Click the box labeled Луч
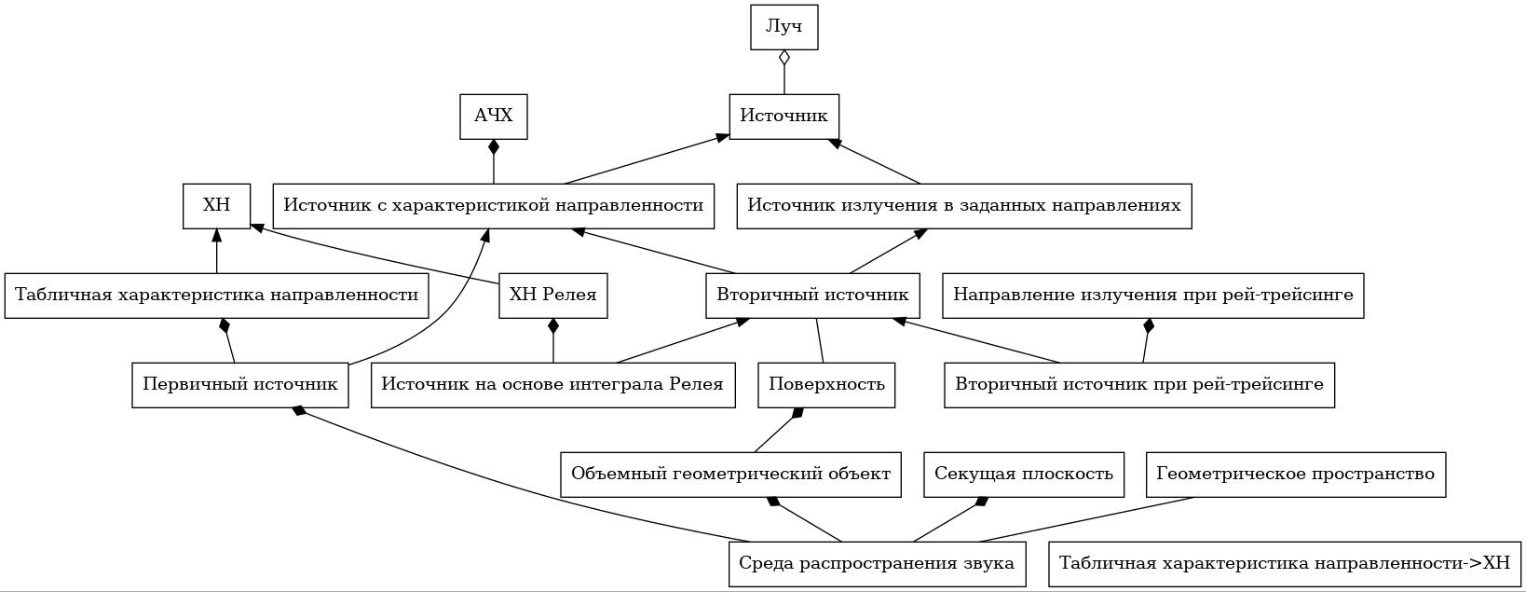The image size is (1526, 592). (x=784, y=27)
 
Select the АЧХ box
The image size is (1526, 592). (x=493, y=117)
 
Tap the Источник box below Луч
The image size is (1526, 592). (x=784, y=117)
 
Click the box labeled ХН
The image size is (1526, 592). (x=217, y=206)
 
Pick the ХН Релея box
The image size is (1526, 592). (x=553, y=296)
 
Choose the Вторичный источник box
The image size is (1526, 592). (x=812, y=296)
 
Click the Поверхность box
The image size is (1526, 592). (x=826, y=385)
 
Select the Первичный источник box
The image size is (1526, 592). (x=240, y=385)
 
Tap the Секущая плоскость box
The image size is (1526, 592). (x=1024, y=474)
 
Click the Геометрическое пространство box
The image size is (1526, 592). (x=1296, y=474)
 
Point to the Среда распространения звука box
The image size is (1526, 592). (x=878, y=564)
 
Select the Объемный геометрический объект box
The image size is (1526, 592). (x=731, y=474)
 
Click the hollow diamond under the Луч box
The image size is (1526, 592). (x=784, y=58)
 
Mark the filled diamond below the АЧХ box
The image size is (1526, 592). (x=493, y=147)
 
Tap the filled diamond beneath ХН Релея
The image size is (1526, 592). (x=553, y=326)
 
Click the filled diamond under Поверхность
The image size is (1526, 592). (x=797, y=413)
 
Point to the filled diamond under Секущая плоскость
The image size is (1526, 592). (x=982, y=502)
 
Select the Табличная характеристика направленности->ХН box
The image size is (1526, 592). (x=1285, y=564)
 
